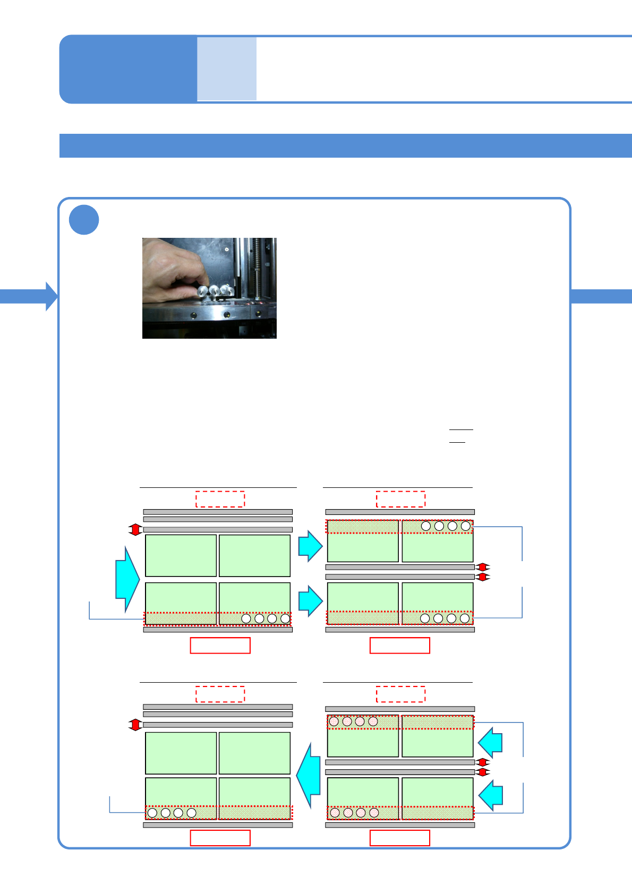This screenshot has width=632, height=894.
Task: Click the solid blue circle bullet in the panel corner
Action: [x=84, y=220]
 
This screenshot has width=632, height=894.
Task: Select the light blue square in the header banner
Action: [x=227, y=68]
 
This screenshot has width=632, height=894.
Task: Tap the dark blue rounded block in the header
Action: [x=128, y=69]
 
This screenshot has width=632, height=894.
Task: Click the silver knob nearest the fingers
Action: [x=202, y=291]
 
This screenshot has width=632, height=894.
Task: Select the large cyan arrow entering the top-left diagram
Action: [x=127, y=579]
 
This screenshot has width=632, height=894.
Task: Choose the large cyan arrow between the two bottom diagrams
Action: [x=309, y=775]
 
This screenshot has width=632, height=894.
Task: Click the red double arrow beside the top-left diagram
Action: [x=135, y=529]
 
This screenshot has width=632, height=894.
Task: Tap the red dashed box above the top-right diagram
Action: [x=400, y=499]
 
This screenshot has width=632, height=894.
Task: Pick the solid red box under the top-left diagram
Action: [x=220, y=645]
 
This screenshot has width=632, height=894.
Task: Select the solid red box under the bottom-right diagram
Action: [x=399, y=838]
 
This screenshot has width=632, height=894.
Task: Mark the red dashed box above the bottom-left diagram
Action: [x=220, y=694]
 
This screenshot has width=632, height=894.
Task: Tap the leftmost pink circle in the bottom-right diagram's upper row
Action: [x=334, y=721]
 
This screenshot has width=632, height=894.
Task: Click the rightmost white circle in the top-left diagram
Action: [x=285, y=618]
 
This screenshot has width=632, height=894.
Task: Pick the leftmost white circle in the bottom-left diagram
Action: [x=152, y=813]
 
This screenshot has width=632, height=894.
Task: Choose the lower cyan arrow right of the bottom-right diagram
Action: [x=491, y=795]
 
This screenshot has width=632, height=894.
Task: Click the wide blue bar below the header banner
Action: [x=345, y=145]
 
